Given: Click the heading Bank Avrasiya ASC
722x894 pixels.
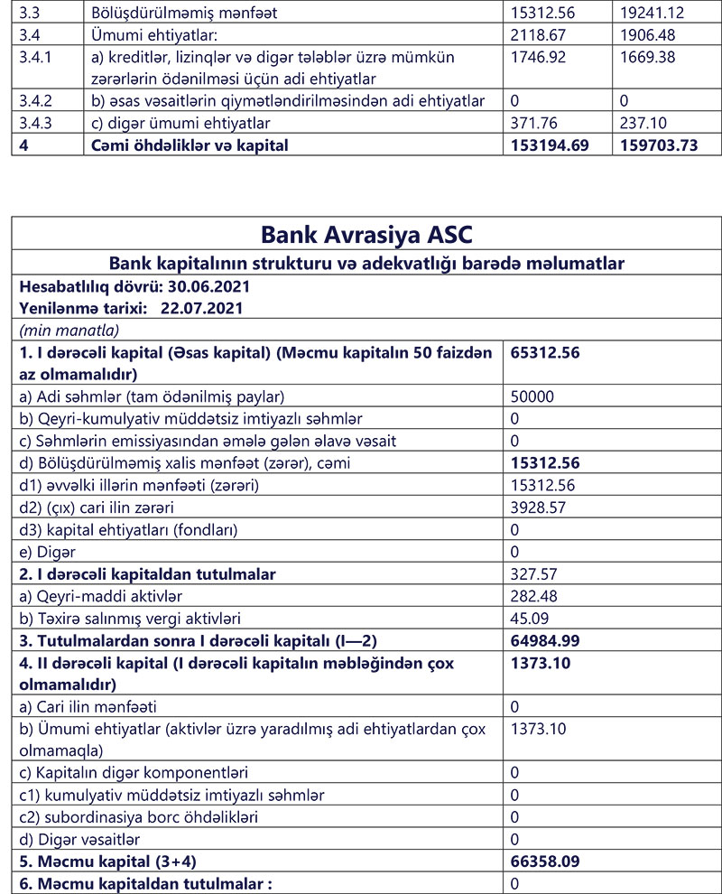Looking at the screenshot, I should (366, 234).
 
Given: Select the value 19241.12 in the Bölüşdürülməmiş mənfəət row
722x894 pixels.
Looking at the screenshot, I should (647, 14).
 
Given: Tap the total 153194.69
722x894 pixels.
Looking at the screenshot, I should (550, 144).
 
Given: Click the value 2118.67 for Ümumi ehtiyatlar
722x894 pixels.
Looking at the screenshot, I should (538, 36).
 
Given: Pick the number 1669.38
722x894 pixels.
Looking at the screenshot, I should (647, 57).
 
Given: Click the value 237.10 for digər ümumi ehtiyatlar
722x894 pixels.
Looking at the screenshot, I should (643, 122).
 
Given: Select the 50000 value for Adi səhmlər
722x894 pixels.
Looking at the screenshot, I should (532, 396).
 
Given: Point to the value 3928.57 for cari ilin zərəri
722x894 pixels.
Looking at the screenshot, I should (538, 508).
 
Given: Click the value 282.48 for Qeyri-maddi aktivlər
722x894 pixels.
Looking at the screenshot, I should (533, 595).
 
